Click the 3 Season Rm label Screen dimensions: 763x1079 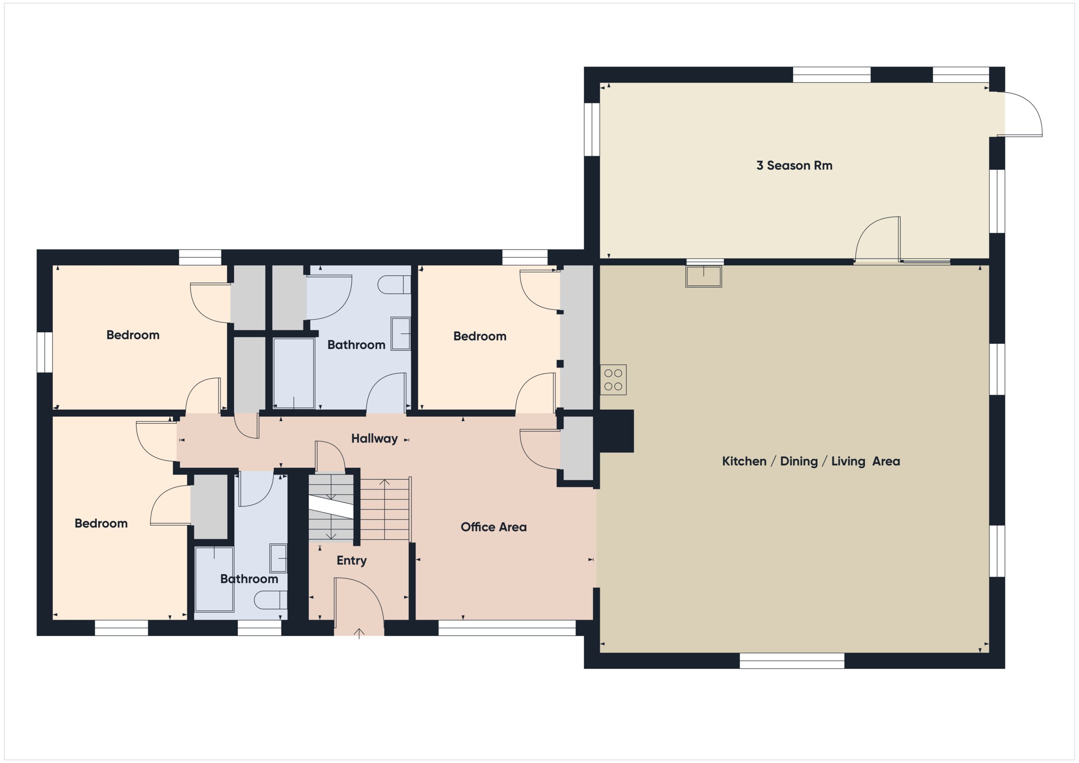794,166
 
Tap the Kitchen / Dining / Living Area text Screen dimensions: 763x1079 811,461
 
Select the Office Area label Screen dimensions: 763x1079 493,527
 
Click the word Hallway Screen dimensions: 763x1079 374,438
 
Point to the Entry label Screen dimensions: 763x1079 351,560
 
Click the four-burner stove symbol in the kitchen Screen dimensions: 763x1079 613,380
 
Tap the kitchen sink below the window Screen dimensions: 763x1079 703,277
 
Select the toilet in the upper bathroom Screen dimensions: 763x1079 394,285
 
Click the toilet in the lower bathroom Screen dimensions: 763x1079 271,600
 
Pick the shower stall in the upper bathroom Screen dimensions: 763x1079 294,373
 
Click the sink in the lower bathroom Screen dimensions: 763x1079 279,558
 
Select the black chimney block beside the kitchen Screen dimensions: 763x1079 615,431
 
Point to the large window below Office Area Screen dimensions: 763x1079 507,628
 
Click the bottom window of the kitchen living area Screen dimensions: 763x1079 792,661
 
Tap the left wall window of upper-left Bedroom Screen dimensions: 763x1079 45,352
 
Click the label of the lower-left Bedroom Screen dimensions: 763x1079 101,524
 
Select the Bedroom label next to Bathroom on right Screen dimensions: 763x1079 479,336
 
